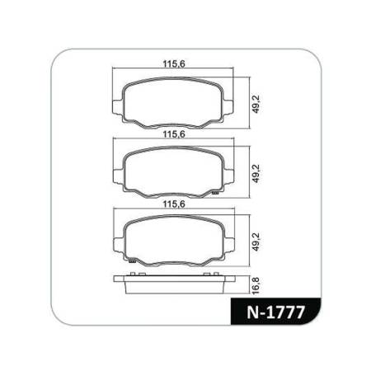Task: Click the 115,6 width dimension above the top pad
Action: (x=172, y=65)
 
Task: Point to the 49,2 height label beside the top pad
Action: (x=257, y=105)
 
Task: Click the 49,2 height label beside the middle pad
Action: (x=257, y=175)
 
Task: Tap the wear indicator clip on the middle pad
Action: (x=214, y=194)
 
